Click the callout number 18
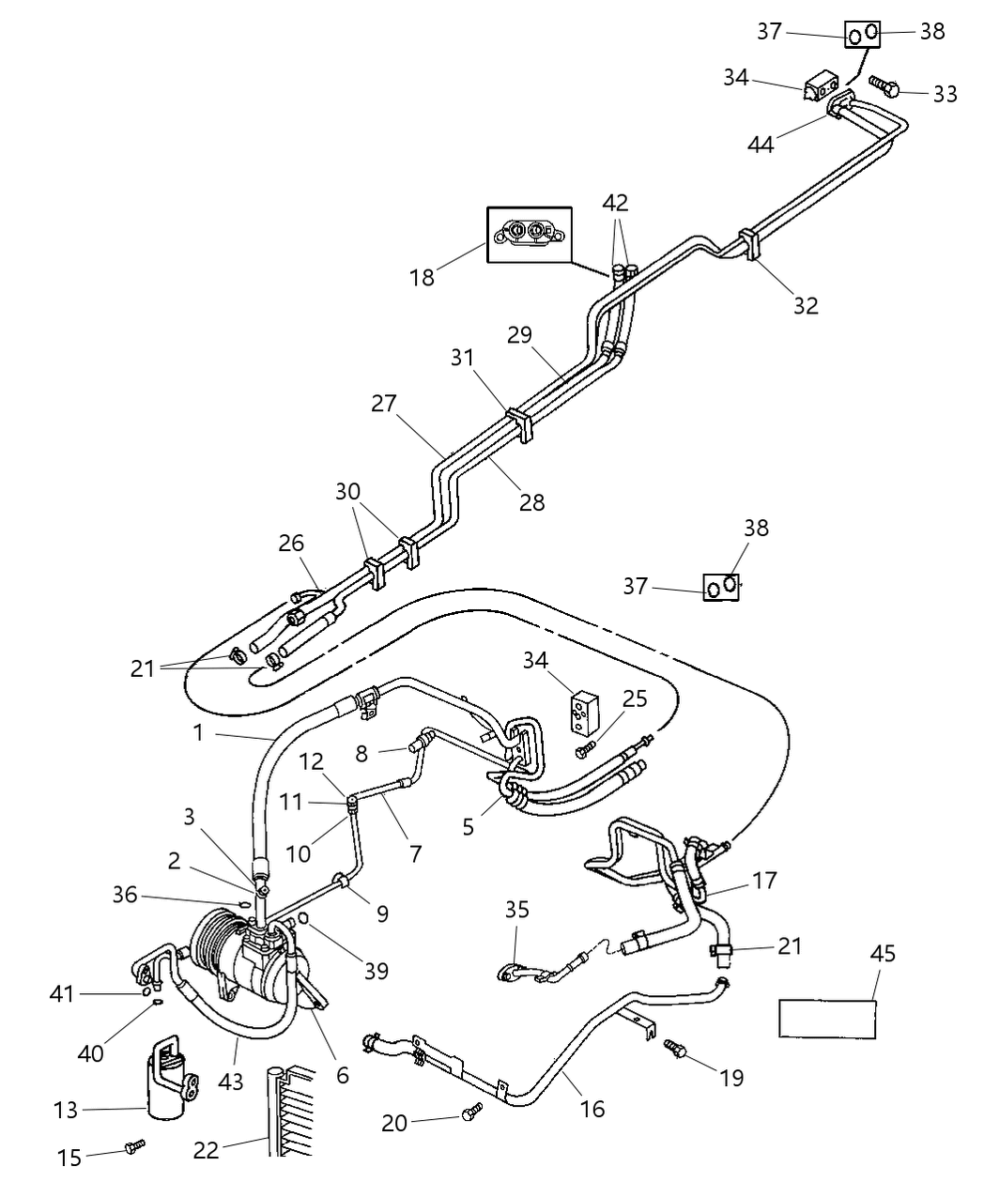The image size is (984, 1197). pos(423,278)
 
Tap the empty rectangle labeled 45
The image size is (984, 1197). pos(827,1019)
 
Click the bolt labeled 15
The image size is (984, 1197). pos(135,1146)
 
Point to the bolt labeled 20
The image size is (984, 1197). pos(472,1112)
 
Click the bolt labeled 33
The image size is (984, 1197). pos(886,87)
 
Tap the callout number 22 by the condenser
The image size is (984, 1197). pos(207,1150)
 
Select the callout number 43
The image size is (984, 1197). pos(231,1082)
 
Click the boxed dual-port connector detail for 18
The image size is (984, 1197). pos(529,234)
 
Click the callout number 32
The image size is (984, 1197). pos(806,304)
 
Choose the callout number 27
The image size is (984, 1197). pos(384,404)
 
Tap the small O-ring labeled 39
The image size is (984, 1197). pos(304,917)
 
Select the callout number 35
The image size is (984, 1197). pos(517,909)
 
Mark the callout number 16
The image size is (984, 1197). pos(592,1109)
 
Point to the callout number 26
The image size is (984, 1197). pos(291,543)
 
